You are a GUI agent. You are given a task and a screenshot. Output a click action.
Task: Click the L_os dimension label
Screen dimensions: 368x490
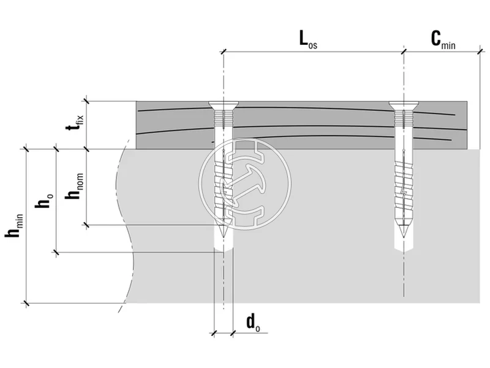[308, 40]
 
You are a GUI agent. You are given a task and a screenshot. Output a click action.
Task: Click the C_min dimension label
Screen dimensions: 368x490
[442, 40]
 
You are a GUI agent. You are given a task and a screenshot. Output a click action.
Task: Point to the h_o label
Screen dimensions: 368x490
[45, 200]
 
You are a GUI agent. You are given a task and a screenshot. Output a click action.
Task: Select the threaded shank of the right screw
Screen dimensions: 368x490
[403, 178]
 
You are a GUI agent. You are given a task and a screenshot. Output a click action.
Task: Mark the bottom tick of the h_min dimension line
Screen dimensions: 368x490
[26, 302]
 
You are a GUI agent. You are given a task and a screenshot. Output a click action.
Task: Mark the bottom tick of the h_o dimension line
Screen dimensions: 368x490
[56, 251]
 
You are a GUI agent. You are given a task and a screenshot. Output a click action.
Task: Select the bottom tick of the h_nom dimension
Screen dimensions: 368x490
[86, 225]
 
